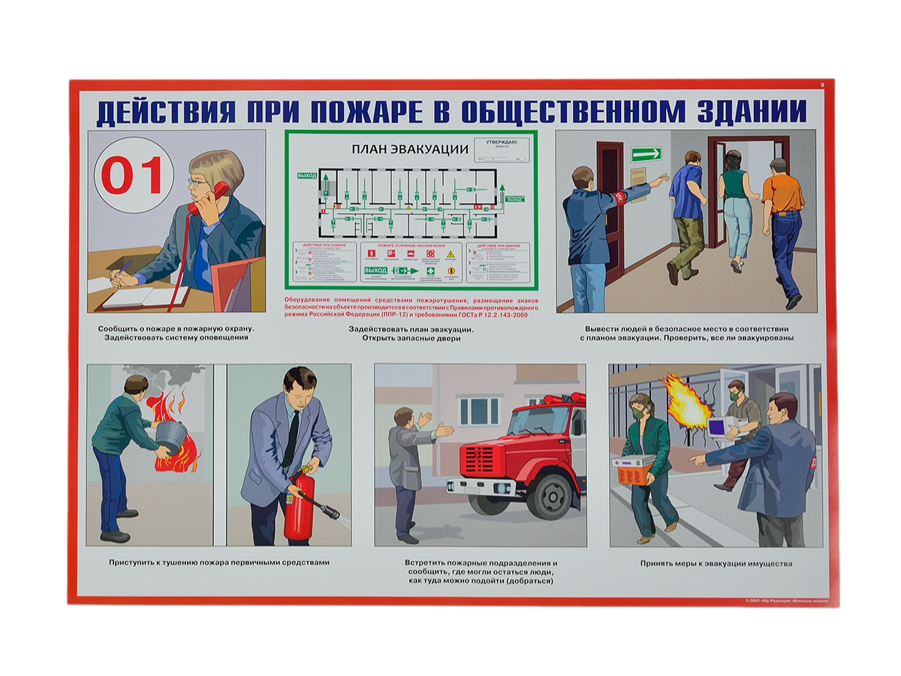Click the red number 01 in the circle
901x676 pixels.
(133, 176)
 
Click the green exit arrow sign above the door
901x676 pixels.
(646, 154)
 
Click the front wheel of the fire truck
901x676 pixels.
(554, 495)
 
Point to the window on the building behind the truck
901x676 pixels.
(479, 411)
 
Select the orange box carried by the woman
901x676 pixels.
(632, 470)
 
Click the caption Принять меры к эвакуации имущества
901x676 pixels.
(716, 563)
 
